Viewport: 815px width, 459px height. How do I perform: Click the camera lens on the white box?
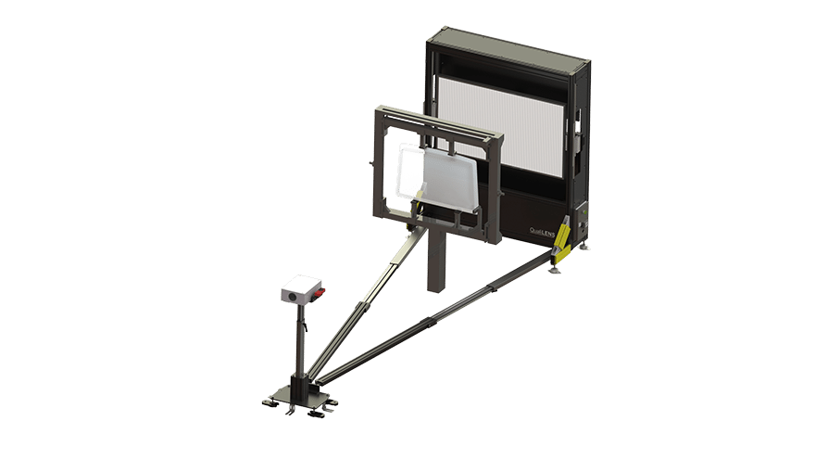pos(293,296)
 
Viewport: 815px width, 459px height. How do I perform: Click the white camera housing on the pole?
pos(301,288)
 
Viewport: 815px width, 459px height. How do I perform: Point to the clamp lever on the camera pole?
pos(306,325)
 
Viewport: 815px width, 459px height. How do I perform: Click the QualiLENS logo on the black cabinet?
pos(542,231)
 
